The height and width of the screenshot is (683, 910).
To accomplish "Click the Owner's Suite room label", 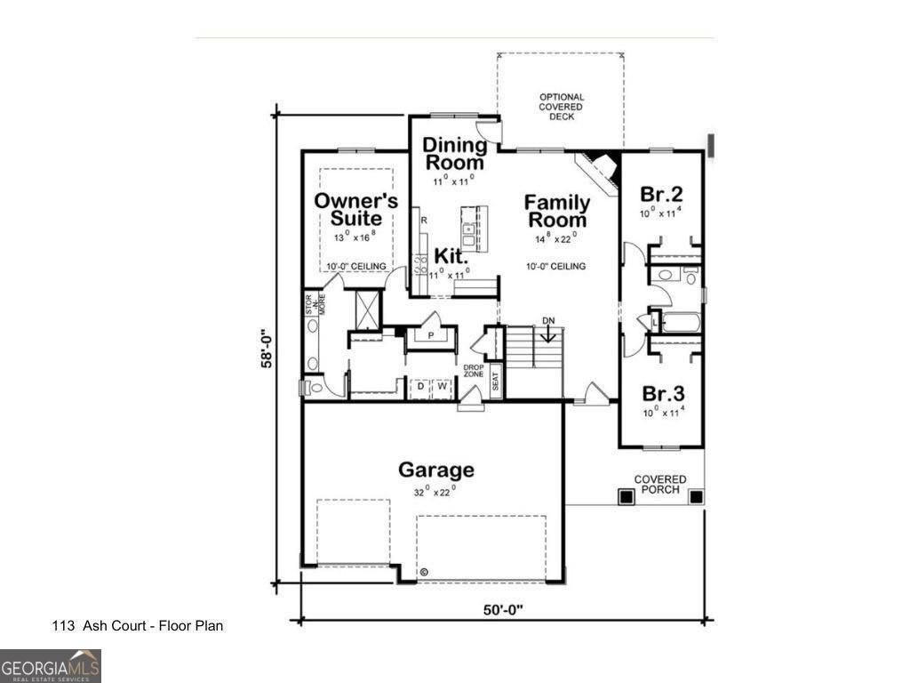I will click(x=355, y=210).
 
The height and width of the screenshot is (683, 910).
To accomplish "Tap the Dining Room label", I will click(x=454, y=154).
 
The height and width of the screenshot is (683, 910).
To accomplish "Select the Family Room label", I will click(x=555, y=211).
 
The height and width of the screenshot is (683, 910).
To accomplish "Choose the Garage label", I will click(x=435, y=470).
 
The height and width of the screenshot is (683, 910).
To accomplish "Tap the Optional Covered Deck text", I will click(x=562, y=107).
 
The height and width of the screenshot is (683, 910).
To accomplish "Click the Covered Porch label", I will click(x=659, y=485).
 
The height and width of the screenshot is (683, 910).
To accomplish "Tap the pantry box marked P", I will click(x=430, y=336).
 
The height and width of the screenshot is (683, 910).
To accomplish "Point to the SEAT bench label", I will click(x=496, y=381).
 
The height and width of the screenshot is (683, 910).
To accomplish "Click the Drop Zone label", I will click(x=473, y=372).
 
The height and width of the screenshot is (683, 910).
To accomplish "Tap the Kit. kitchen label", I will click(x=451, y=256).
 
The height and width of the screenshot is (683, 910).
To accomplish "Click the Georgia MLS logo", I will click(x=51, y=665).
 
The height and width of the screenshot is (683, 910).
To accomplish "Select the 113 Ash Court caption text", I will click(x=138, y=626).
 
